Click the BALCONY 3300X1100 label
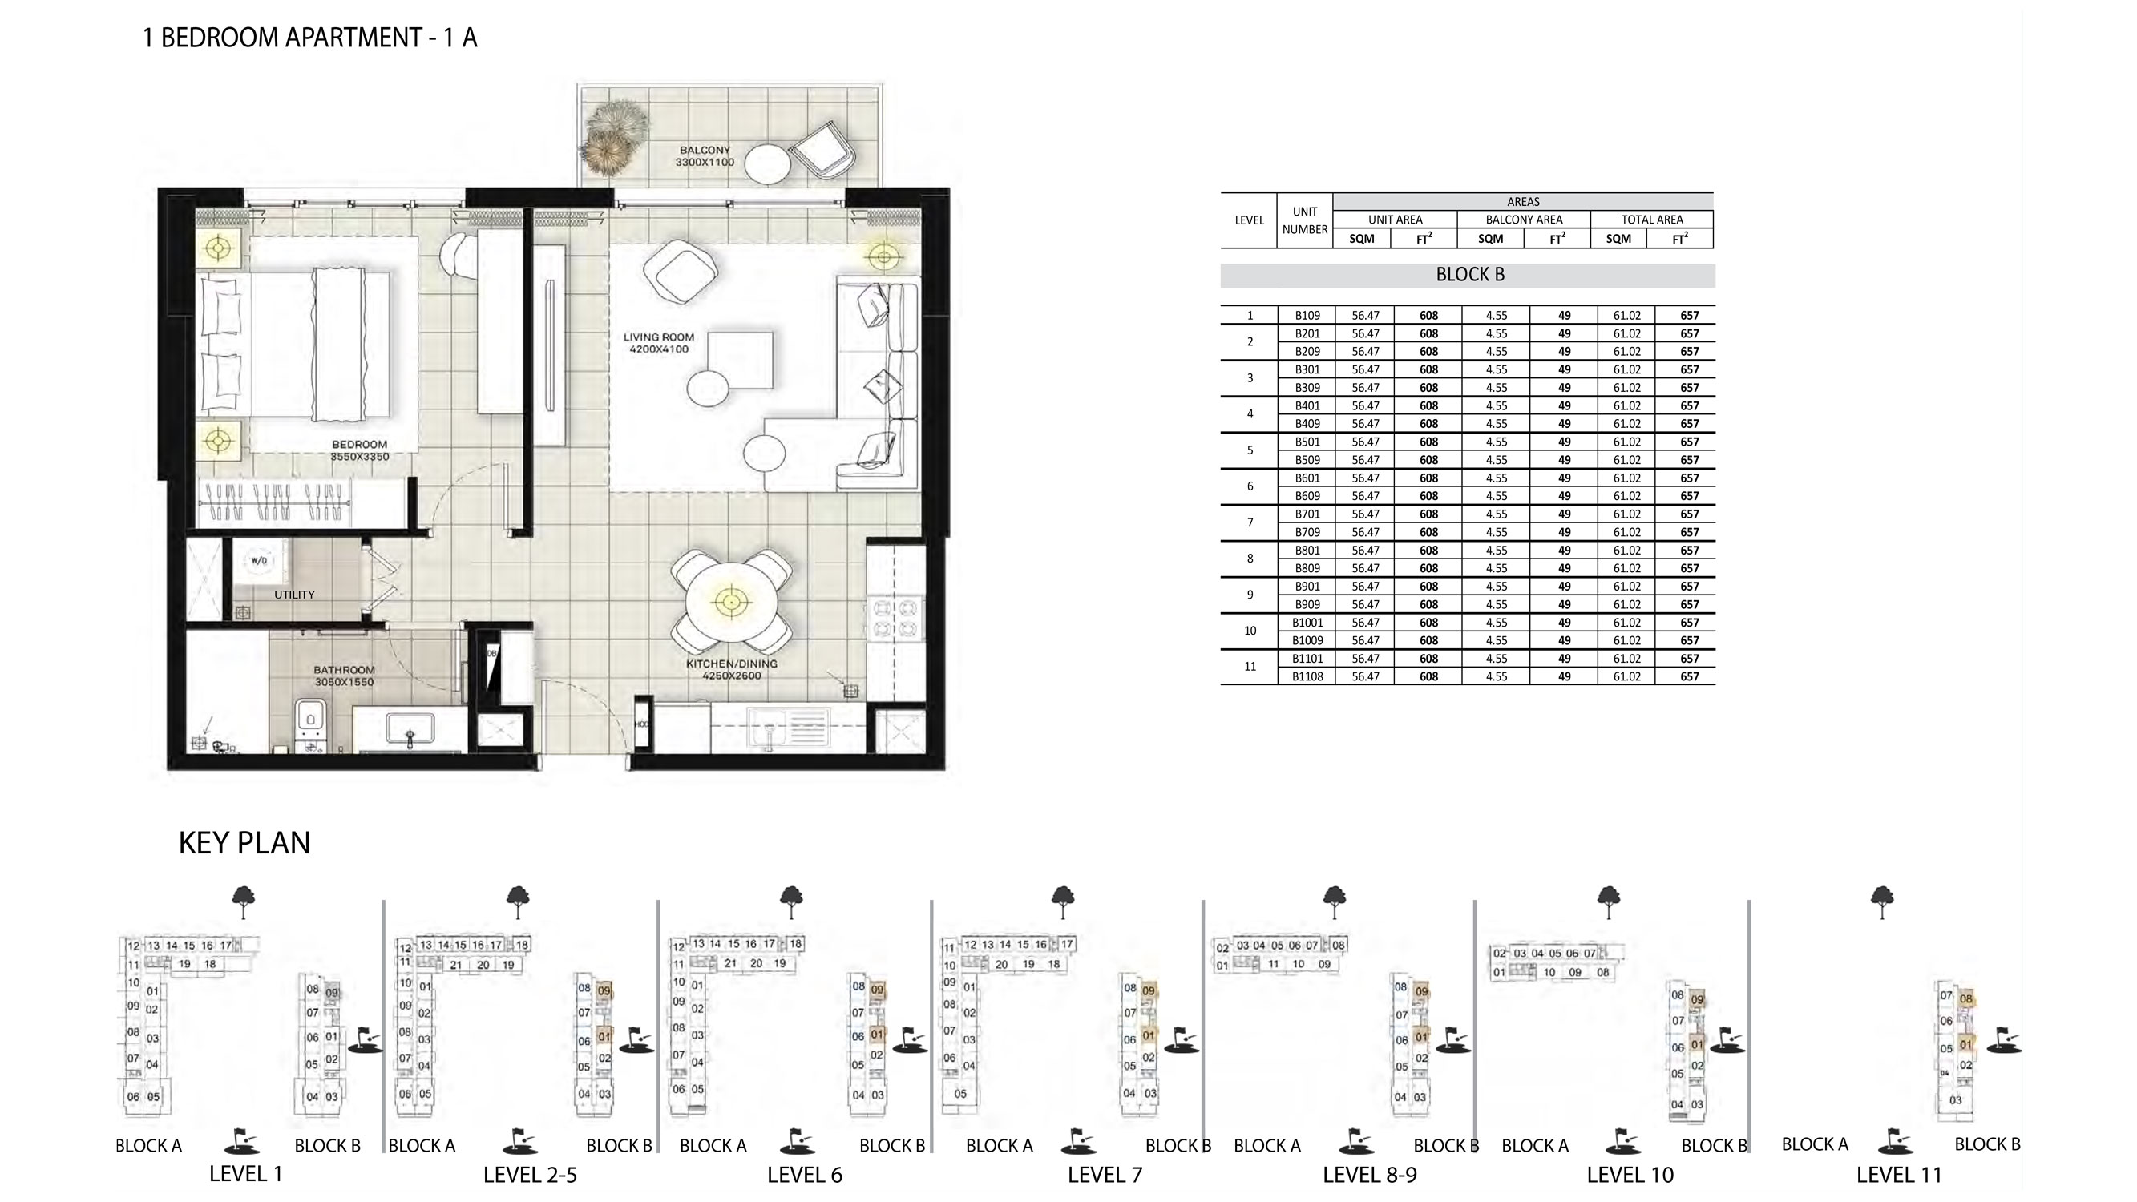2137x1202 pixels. (x=705, y=156)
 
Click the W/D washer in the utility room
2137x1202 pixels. (x=259, y=561)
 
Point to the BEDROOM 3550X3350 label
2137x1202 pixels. (x=359, y=450)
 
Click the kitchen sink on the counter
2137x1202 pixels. (x=770, y=728)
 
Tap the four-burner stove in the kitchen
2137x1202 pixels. (x=895, y=618)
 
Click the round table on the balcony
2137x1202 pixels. (x=766, y=164)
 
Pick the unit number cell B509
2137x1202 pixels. (x=1307, y=459)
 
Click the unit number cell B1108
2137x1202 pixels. (x=1307, y=677)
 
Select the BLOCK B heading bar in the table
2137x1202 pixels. (x=1468, y=276)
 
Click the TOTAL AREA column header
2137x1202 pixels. (x=1651, y=220)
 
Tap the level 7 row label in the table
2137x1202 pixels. (x=1250, y=522)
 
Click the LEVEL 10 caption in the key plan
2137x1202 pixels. (x=1630, y=1175)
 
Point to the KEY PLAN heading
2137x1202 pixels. (x=244, y=843)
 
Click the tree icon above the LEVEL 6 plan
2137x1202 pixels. (x=790, y=901)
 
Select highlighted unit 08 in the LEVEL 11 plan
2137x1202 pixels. (x=1965, y=999)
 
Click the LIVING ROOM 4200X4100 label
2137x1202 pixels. (x=658, y=343)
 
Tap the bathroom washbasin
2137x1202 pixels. (x=410, y=730)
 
